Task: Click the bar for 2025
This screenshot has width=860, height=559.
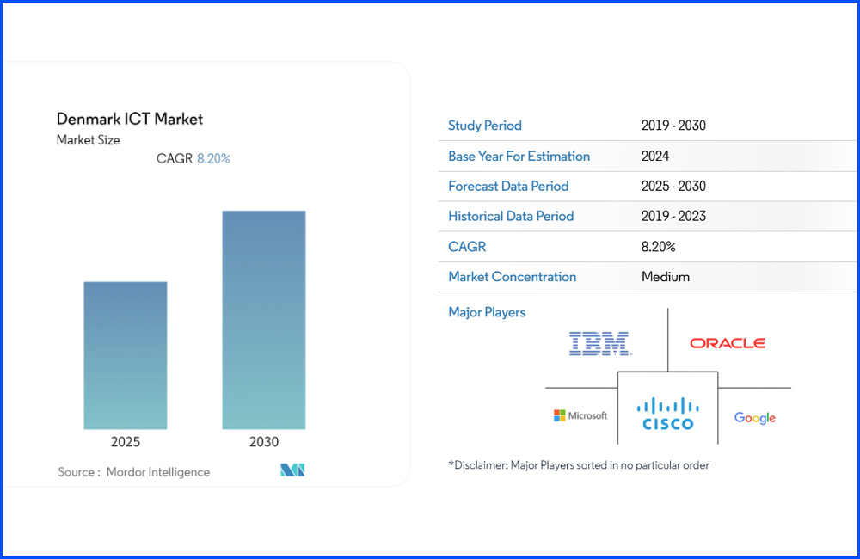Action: (126, 355)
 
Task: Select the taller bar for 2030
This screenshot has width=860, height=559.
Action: (264, 320)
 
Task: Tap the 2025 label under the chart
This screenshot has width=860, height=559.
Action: (126, 442)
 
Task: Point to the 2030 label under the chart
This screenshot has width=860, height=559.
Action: (264, 442)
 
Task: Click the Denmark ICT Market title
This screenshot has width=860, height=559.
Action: (130, 119)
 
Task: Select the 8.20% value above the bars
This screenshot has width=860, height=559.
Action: (214, 158)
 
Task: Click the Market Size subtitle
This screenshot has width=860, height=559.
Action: (89, 140)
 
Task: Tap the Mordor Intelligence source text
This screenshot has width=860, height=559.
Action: (158, 471)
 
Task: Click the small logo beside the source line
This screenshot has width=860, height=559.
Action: (293, 470)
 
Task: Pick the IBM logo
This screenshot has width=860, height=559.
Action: (600, 344)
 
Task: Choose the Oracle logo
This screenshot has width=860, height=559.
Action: (728, 343)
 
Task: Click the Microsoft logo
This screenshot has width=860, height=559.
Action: (580, 415)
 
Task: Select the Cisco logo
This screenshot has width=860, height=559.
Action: (668, 413)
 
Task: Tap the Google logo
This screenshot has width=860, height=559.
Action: (755, 418)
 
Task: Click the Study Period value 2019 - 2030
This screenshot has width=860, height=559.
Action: (673, 126)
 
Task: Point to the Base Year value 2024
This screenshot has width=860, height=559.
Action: (655, 156)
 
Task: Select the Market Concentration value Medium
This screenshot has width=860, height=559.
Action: (666, 277)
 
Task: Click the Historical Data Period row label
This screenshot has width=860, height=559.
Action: (511, 216)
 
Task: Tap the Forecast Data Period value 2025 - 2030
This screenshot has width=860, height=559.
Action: (673, 186)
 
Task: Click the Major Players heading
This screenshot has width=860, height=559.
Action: (487, 312)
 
